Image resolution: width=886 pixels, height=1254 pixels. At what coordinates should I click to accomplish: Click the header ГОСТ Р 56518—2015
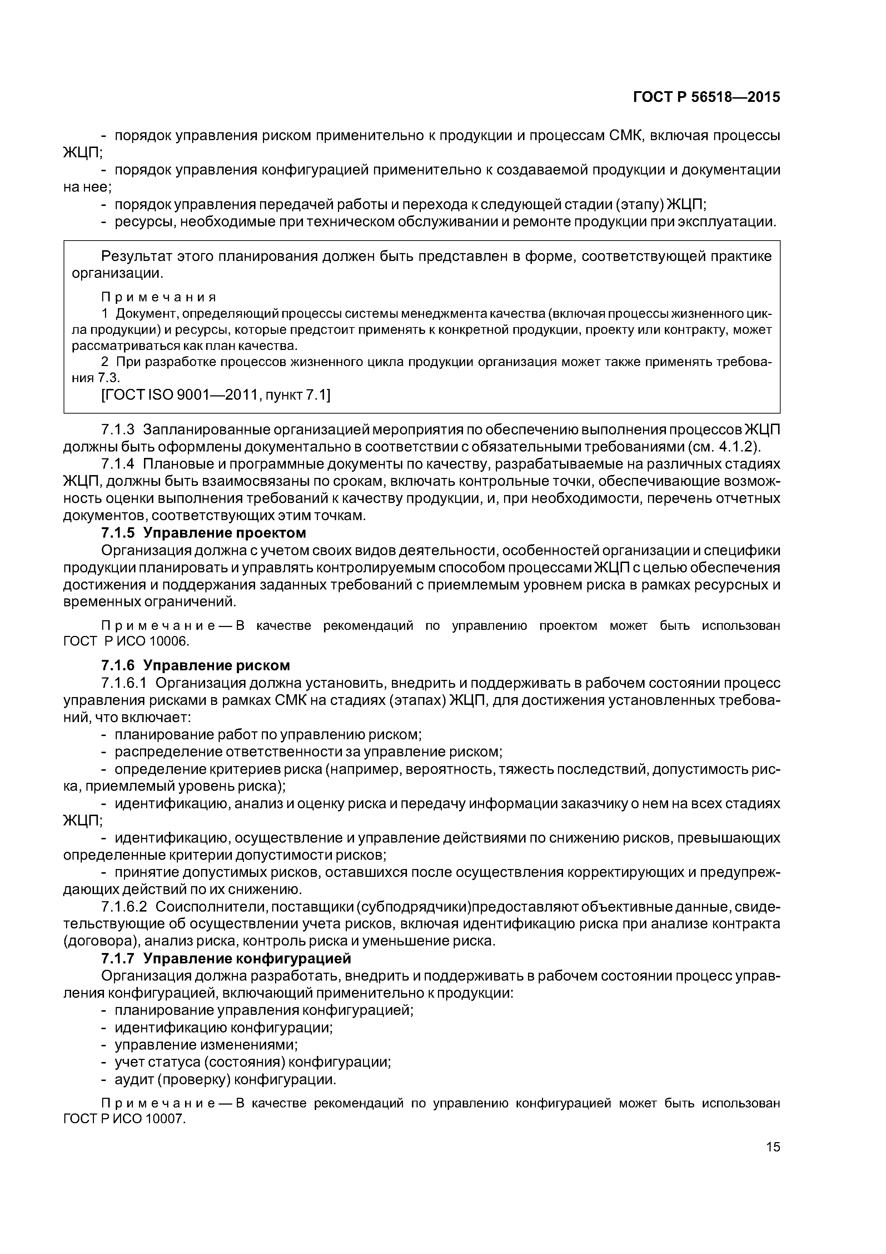click(x=706, y=97)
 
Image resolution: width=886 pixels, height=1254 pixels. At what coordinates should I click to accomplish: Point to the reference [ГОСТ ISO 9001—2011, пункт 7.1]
click(x=216, y=395)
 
